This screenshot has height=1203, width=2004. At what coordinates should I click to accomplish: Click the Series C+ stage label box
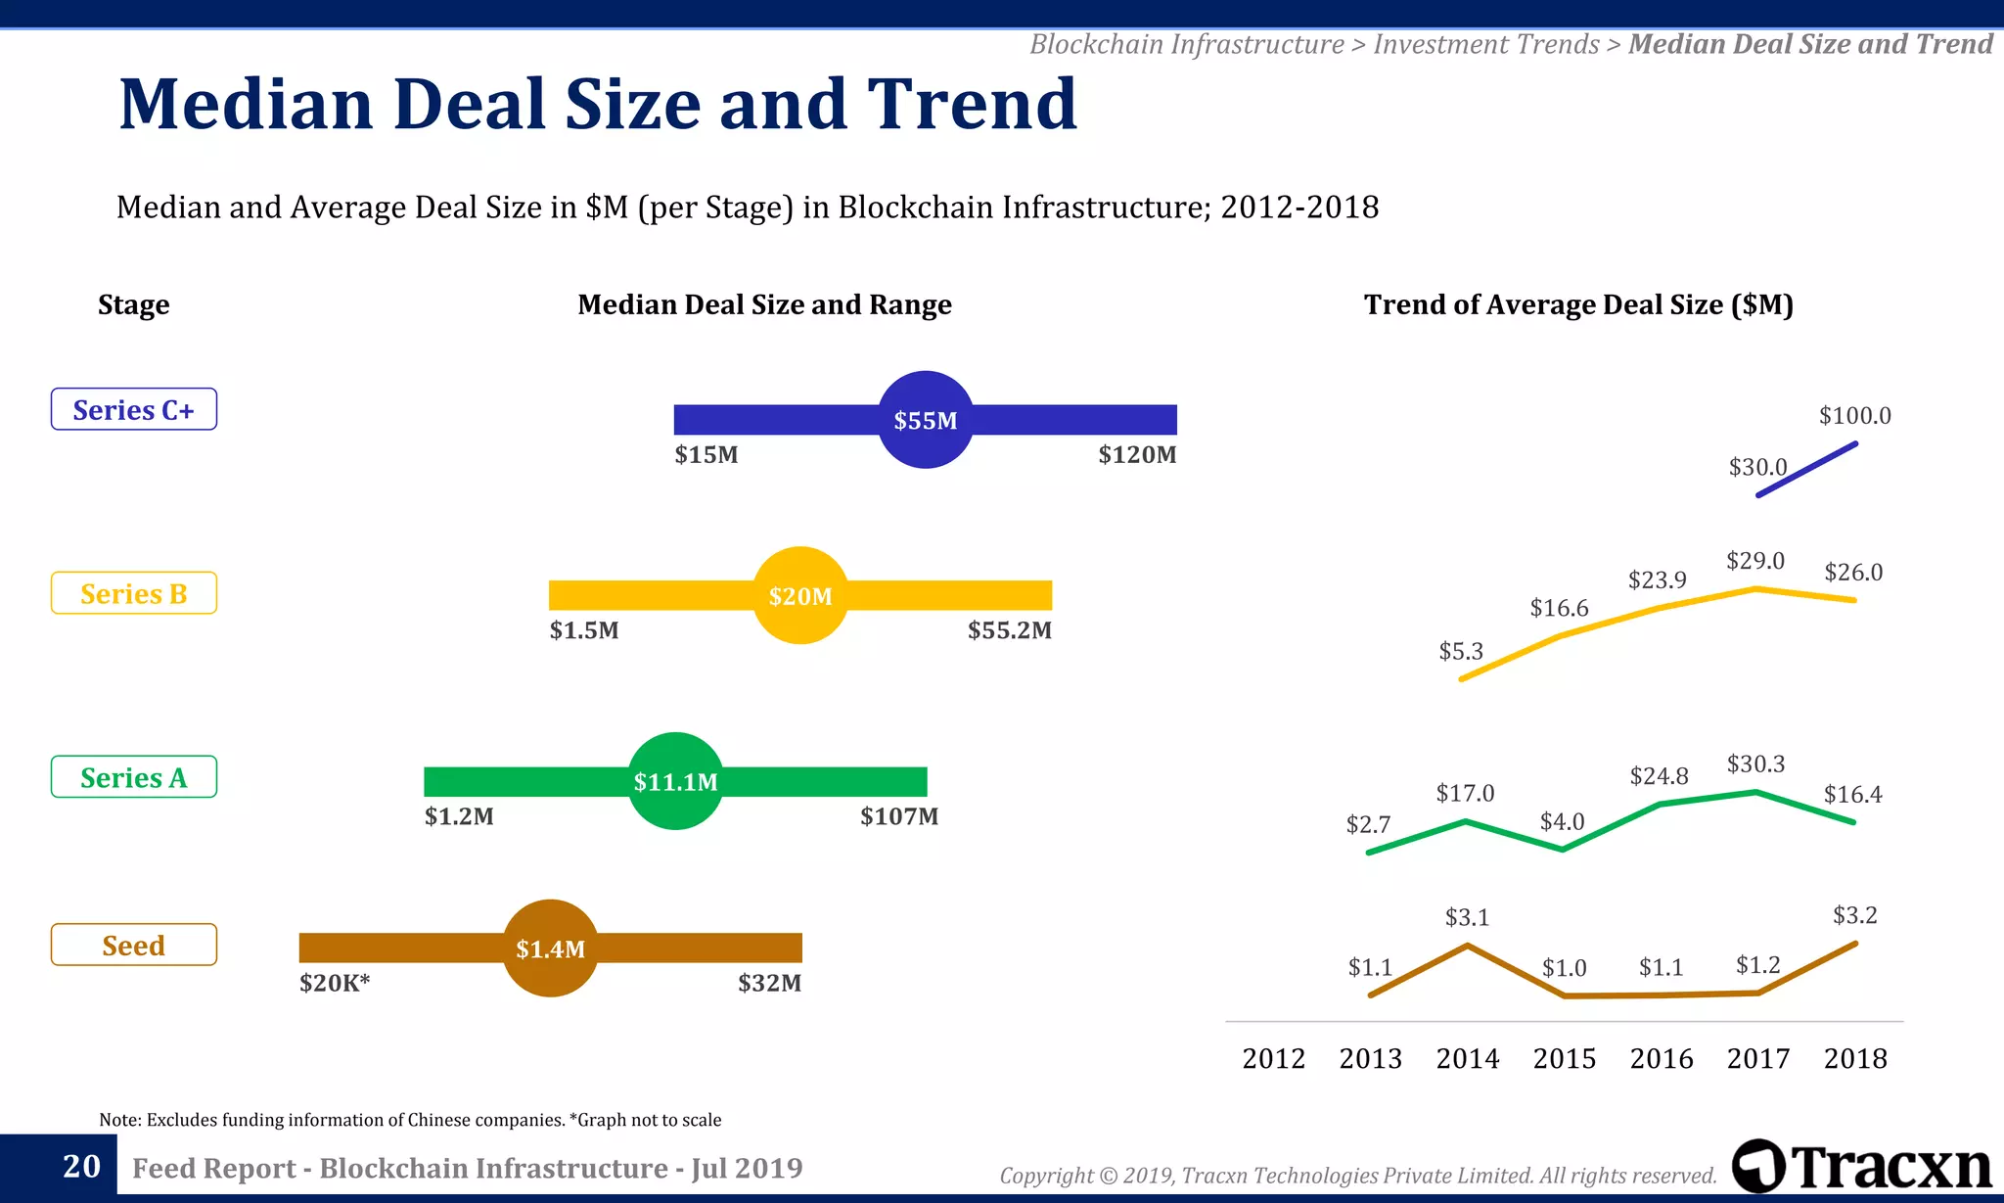134,409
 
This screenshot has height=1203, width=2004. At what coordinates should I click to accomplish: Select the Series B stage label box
134,593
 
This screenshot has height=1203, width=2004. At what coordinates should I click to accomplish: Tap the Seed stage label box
134,945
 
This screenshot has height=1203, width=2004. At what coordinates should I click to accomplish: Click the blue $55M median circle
926,420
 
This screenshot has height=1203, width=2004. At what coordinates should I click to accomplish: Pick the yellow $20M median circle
800,595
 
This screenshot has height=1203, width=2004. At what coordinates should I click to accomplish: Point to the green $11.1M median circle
675,781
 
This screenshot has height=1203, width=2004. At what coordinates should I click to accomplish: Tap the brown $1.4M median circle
551,948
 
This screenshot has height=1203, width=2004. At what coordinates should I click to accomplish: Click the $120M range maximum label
1137,455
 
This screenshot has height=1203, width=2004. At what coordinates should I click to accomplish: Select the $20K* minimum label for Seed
335,983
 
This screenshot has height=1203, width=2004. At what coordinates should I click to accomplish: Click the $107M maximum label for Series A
898,816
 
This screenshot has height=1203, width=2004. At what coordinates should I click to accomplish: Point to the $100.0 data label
1854,416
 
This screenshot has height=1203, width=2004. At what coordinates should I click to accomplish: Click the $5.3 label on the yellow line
1461,652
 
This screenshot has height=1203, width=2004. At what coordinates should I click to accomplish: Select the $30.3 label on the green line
1755,764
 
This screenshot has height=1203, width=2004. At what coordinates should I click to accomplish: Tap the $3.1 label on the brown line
1467,918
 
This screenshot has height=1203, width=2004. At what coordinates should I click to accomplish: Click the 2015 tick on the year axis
1564,1059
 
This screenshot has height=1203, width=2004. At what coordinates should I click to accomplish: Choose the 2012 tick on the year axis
1273,1059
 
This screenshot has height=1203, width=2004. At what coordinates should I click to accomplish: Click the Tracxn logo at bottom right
1861,1167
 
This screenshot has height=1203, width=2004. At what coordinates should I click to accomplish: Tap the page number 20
81,1166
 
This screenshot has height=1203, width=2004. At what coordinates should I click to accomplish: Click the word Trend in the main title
972,104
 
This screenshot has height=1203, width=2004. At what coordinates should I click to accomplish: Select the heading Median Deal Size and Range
764,305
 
